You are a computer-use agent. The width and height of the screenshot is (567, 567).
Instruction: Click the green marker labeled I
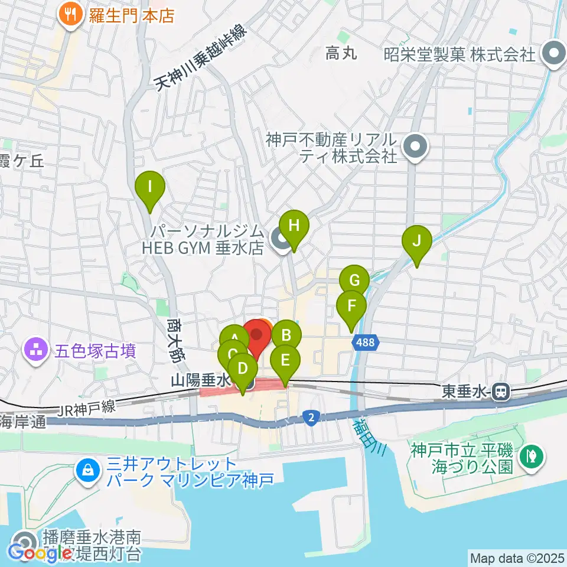pos(150,188)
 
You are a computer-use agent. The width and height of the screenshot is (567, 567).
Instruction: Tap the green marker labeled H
pos(294,226)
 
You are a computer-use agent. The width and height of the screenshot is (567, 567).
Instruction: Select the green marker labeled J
pos(417,241)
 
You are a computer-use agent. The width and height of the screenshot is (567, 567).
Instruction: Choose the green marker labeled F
pos(351,307)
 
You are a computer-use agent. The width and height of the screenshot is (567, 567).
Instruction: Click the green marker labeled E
pos(285,360)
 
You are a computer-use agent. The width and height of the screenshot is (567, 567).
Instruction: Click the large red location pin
pos(256,335)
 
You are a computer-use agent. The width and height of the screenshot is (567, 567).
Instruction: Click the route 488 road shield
pos(364,342)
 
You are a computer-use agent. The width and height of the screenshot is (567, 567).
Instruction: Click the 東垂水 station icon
pos(501,390)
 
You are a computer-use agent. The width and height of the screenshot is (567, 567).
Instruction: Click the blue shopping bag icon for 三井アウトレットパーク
pos(87,471)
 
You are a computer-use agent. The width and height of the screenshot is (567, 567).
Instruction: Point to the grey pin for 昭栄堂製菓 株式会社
pos(554,54)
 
